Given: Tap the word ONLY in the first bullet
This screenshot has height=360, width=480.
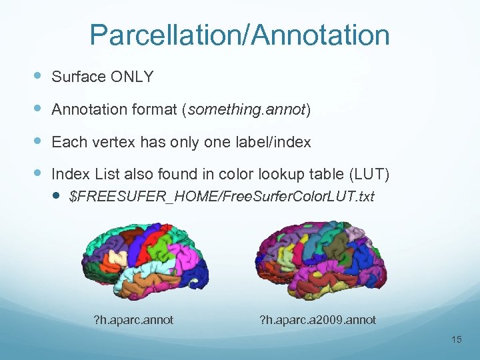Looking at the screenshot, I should pos(132,77).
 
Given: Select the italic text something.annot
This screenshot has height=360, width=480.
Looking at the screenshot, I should pos(246,109).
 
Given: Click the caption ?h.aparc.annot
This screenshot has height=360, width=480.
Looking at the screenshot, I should pos(133,320).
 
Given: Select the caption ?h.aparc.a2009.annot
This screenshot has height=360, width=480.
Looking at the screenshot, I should pos(317,320).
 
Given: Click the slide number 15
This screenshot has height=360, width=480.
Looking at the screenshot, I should pos(456,340).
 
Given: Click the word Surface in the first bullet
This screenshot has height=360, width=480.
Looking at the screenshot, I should pos(79,77).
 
